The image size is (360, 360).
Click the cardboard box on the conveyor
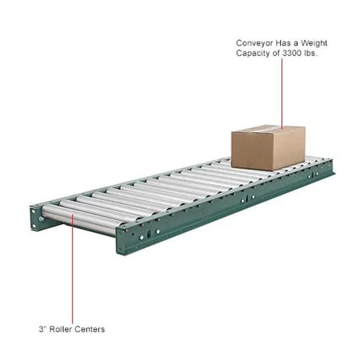(x=268, y=148)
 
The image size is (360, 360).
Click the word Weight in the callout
(x=314, y=43)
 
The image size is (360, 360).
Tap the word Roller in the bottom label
(x=61, y=329)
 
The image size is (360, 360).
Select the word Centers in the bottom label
(x=90, y=329)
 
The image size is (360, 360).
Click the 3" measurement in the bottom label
(x=43, y=329)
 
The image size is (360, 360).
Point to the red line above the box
(x=282, y=94)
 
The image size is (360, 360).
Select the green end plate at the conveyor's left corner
(x=34, y=217)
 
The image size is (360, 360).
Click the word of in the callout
(x=276, y=53)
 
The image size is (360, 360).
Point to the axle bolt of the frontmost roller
(x=41, y=219)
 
